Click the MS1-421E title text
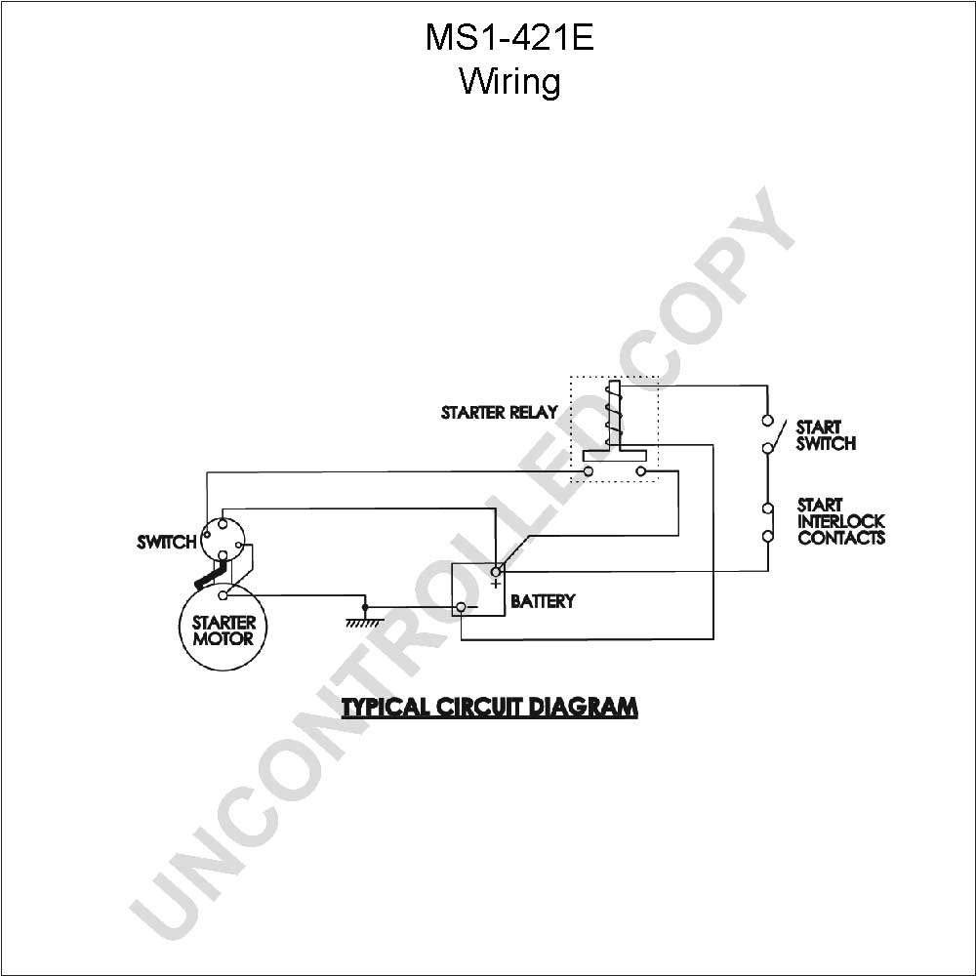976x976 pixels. pyautogui.click(x=509, y=37)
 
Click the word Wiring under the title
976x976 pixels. pyautogui.click(x=509, y=82)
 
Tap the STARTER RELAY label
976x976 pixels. pyautogui.click(x=499, y=412)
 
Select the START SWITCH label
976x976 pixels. pyautogui.click(x=826, y=435)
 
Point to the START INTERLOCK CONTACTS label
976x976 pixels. pyautogui.click(x=841, y=521)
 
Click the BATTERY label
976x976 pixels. pyautogui.click(x=543, y=601)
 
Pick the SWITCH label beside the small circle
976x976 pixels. pyautogui.click(x=167, y=542)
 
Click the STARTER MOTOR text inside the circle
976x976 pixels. pyautogui.click(x=224, y=630)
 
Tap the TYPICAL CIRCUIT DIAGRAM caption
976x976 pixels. pyautogui.click(x=490, y=707)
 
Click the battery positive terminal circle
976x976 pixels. pyautogui.click(x=496, y=571)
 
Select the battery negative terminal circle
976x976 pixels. pyautogui.click(x=462, y=607)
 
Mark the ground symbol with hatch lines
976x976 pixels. pyautogui.click(x=365, y=621)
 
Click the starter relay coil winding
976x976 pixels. pyautogui.click(x=614, y=413)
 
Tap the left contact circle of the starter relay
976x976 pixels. pyautogui.click(x=589, y=471)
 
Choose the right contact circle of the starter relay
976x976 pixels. pyautogui.click(x=640, y=471)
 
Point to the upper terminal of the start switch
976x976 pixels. pyautogui.click(x=767, y=420)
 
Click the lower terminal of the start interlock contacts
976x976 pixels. pyautogui.click(x=767, y=535)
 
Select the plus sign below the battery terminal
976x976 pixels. pyautogui.click(x=496, y=584)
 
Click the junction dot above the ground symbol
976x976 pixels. pyautogui.click(x=365, y=607)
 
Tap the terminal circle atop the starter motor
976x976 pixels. pyautogui.click(x=223, y=595)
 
